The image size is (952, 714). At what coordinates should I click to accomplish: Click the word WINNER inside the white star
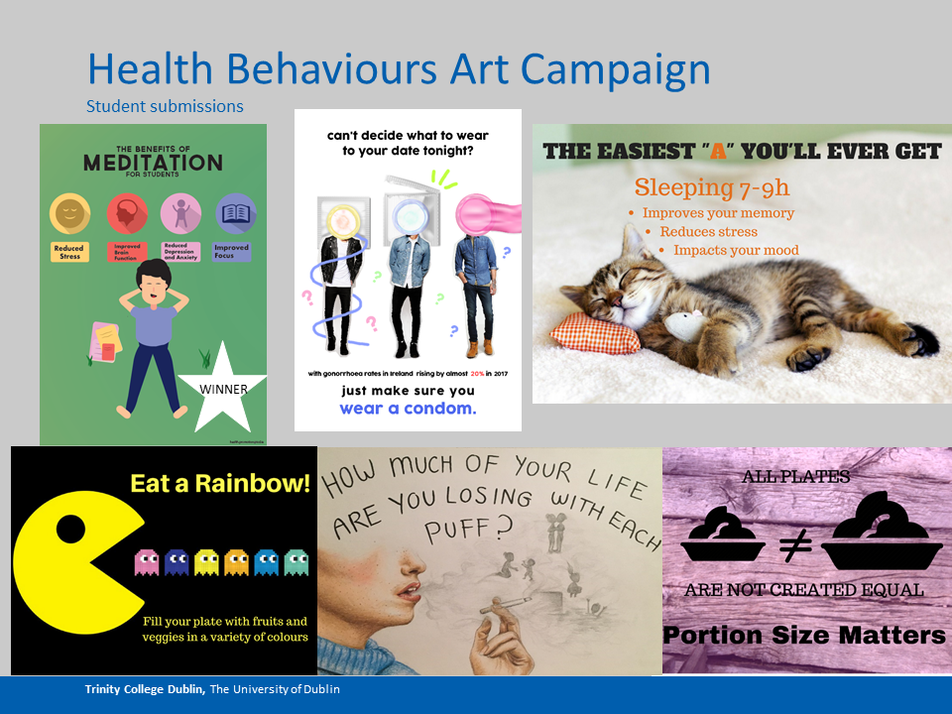[x=224, y=389]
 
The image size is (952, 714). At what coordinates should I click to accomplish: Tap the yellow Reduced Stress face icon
[x=69, y=213]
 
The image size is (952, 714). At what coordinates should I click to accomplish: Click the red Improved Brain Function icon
[x=125, y=213]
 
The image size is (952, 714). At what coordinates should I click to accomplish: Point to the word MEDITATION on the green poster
[x=153, y=164]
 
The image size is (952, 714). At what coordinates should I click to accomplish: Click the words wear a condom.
[x=408, y=409]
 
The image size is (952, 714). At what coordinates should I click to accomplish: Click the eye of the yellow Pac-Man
[x=69, y=529]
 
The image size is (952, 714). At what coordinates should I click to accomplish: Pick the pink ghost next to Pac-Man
[x=147, y=563]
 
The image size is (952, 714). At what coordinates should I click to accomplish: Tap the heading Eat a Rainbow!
[x=220, y=484]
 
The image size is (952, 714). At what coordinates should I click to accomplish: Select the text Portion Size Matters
[x=804, y=636]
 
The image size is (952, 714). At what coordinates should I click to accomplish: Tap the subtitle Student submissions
[x=165, y=106]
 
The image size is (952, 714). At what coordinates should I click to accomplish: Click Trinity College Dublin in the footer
[x=146, y=689]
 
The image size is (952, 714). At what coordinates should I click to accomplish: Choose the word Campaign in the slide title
[x=616, y=69]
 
